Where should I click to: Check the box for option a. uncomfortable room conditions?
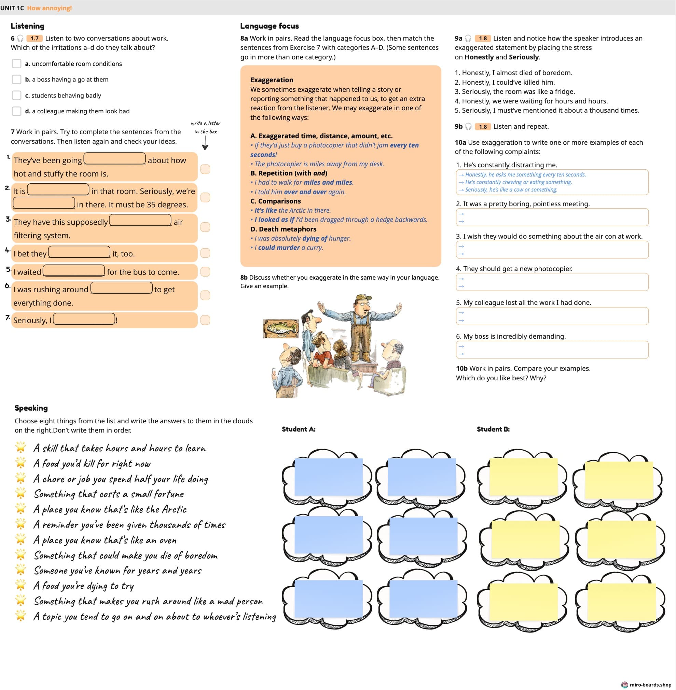(16, 64)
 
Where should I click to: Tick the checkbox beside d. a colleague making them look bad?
(16, 111)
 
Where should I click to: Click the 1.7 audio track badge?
(35, 38)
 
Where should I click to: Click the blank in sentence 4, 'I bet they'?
(79, 252)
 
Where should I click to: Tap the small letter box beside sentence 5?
(205, 271)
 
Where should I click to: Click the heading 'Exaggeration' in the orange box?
(272, 80)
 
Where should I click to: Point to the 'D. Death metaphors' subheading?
(283, 229)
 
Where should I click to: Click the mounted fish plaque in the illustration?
(280, 328)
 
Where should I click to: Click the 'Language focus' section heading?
(269, 26)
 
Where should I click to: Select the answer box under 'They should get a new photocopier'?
(552, 282)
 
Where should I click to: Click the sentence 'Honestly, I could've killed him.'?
(505, 82)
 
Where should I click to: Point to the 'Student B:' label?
(493, 429)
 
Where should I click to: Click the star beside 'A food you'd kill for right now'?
(20, 463)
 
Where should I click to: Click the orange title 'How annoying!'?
(49, 8)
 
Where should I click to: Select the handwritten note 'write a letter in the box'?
(206, 127)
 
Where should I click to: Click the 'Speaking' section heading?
(31, 408)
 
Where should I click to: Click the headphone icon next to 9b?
(468, 126)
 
